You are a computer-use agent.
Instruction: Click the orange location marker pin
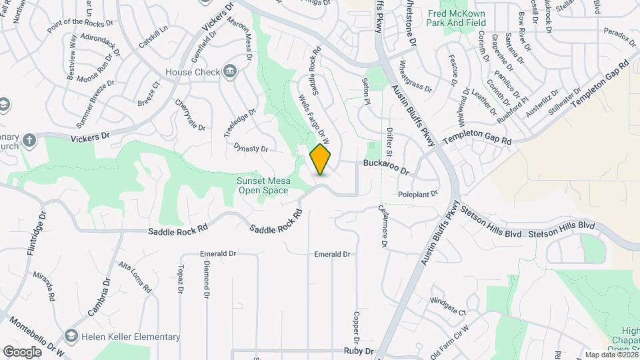pyautogui.click(x=321, y=159)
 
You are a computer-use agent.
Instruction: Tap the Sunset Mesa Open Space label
pyautogui.click(x=263, y=185)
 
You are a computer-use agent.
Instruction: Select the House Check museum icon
pyautogui.click(x=229, y=71)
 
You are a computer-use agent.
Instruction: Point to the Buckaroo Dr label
pyautogui.click(x=385, y=167)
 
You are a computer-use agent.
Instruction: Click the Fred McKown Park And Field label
pyautogui.click(x=457, y=18)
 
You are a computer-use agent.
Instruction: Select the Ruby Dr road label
pyautogui.click(x=358, y=351)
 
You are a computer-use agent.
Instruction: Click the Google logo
pyautogui.click(x=22, y=351)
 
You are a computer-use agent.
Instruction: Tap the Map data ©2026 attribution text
pyautogui.click(x=609, y=355)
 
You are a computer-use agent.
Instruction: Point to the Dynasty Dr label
pyautogui.click(x=251, y=148)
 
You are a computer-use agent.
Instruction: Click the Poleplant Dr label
pyautogui.click(x=417, y=194)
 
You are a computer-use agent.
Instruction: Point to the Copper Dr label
pyautogui.click(x=357, y=324)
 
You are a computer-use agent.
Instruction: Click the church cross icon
pyautogui.click(x=29, y=141)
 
